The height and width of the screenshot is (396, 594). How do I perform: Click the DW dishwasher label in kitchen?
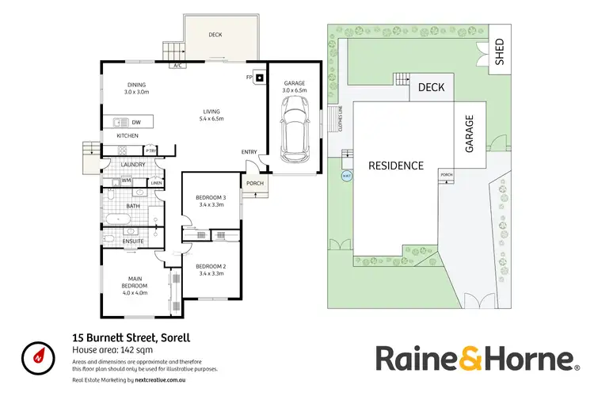(136, 122)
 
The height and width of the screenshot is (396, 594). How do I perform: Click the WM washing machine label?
(126, 181)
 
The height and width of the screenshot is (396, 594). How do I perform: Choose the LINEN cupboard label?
(156, 184)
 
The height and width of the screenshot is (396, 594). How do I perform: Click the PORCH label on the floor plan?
(254, 184)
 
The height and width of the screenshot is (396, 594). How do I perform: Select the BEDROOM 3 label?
(211, 200)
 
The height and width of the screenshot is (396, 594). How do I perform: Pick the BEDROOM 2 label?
(211, 269)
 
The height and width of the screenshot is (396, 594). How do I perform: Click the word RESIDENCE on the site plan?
(396, 166)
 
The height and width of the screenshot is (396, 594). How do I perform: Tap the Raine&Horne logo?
(474, 357)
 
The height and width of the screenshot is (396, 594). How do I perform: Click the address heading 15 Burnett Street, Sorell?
(131, 338)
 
